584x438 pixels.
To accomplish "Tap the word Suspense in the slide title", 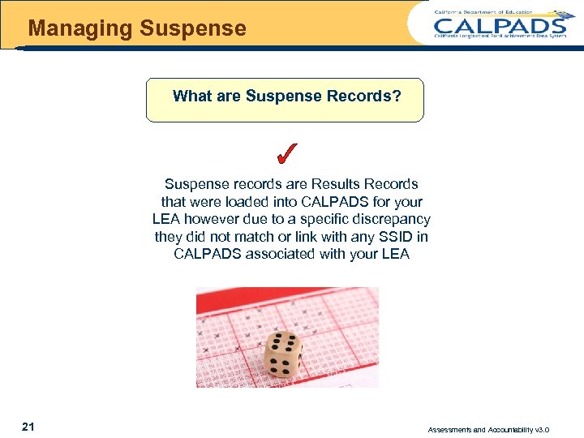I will point(192,29).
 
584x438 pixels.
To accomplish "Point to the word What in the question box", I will point(191,97).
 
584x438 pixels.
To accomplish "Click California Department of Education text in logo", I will point(473,12).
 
